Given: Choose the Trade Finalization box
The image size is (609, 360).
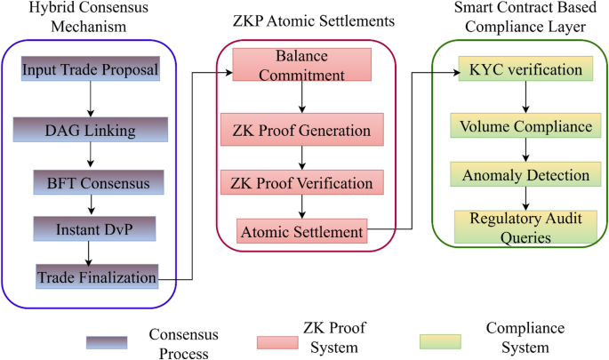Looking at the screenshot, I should [x=96, y=277].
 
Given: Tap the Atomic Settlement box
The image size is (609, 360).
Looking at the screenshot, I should [x=301, y=232].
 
